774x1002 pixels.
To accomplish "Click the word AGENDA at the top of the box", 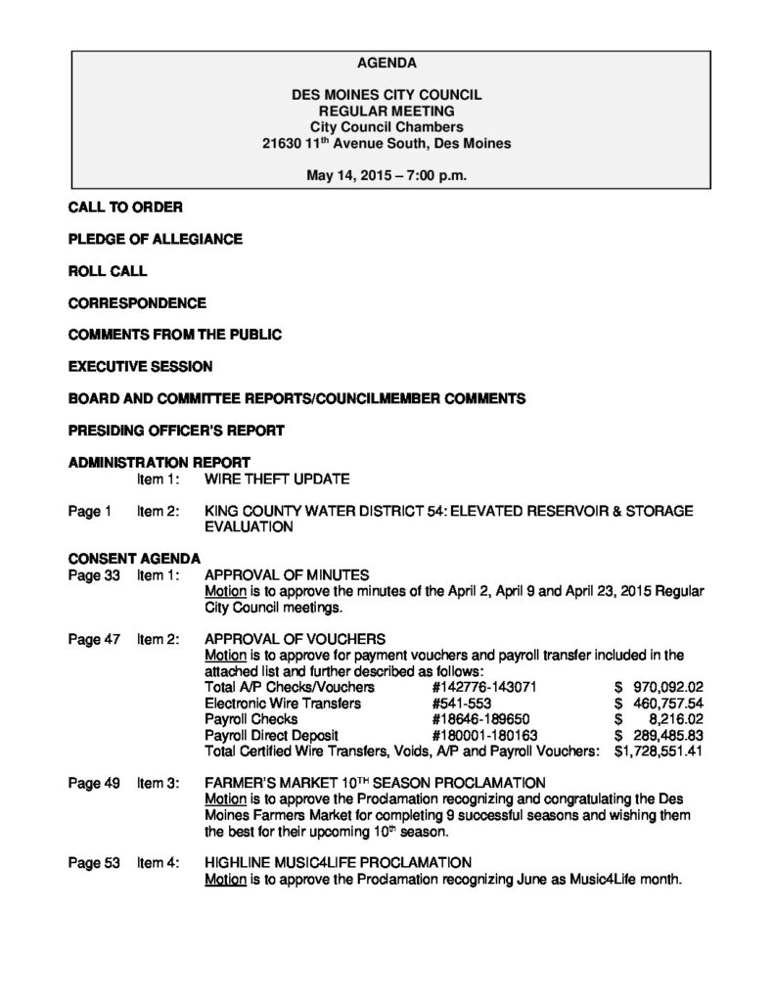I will [x=387, y=64].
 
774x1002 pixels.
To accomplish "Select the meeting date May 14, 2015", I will [x=343, y=176].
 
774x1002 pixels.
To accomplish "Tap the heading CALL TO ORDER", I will [x=124, y=207].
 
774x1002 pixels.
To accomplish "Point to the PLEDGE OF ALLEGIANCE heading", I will [x=155, y=239].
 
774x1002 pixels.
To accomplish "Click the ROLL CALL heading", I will [x=108, y=271].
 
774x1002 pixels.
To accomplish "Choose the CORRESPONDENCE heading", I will [x=137, y=302].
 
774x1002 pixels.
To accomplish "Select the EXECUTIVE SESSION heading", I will [x=140, y=366].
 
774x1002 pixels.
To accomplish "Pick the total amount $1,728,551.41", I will [x=659, y=751].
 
